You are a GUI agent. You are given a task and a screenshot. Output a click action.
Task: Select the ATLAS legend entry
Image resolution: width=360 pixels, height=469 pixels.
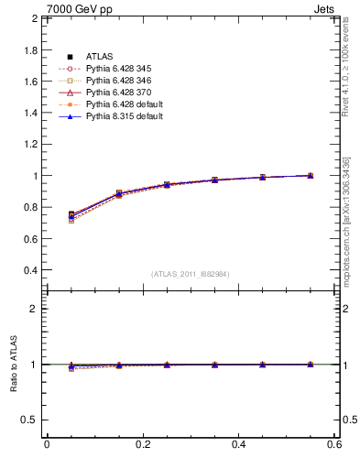98,57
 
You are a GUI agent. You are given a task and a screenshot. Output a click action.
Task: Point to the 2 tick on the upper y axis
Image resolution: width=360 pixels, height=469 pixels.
33,18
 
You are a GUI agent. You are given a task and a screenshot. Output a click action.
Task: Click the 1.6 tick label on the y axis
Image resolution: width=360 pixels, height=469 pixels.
29,82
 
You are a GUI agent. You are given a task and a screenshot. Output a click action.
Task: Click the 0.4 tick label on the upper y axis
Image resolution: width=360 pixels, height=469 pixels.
29,271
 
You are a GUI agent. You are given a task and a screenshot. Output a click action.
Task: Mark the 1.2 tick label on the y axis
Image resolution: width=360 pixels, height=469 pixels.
29,145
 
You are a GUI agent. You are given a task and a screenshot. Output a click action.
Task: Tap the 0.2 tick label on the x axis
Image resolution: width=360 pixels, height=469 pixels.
142,444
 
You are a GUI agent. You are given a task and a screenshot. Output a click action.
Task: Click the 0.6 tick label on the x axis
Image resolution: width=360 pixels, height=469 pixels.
334,444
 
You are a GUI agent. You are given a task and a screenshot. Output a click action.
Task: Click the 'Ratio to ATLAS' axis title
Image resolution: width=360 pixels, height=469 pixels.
13,365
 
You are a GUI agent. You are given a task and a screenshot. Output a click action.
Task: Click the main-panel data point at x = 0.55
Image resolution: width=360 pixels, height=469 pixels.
310,175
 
